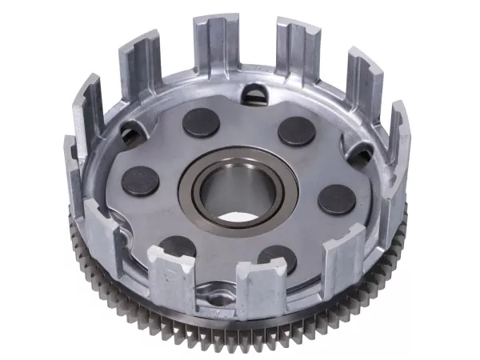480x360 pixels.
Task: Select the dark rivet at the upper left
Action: [202, 121]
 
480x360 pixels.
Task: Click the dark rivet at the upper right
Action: [296, 130]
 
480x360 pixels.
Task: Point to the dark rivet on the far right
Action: [337, 199]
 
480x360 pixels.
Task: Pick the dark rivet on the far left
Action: [140, 181]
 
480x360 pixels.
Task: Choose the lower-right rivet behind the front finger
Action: [277, 258]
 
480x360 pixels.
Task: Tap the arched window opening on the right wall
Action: [358, 153]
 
